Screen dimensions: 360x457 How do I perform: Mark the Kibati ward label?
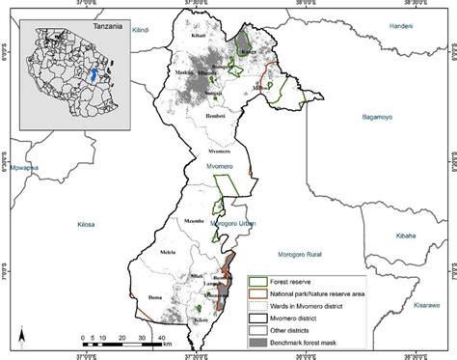200,34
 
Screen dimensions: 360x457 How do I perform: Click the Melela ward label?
169,252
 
